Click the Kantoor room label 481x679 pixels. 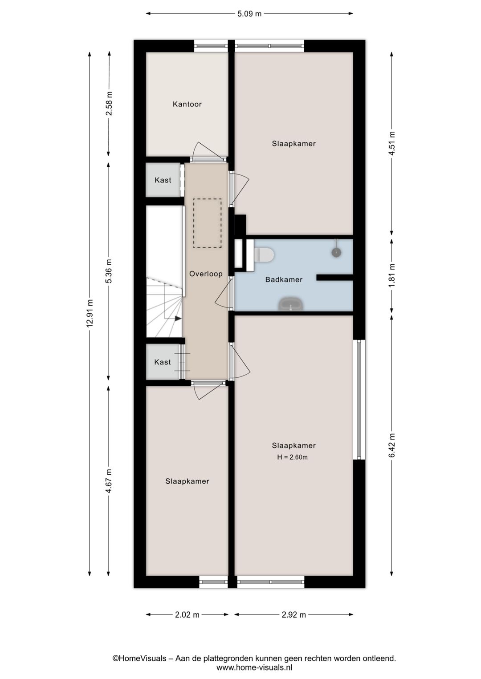point(187,104)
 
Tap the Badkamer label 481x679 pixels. point(284,279)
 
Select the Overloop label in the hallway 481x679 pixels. point(206,274)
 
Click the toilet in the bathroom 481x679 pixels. point(264,255)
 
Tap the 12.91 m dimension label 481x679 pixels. point(90,313)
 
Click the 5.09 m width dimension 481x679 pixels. point(249,14)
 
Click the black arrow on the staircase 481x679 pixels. point(178,318)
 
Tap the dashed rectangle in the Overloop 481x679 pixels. point(208,223)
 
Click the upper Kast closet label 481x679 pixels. point(163,180)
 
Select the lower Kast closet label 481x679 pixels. point(163,362)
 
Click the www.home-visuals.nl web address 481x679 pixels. point(254,667)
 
